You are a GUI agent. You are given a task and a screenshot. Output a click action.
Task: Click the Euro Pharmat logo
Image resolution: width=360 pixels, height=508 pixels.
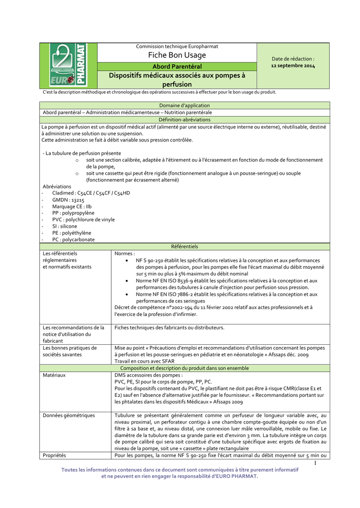(x=68, y=65)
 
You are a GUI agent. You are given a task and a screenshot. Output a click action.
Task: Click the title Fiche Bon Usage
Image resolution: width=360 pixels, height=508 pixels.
(x=177, y=55)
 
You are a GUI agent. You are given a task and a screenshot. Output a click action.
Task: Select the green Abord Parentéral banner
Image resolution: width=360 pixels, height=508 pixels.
(x=177, y=66)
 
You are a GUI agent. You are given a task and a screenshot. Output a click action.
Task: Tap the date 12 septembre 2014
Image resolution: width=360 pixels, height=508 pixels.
(x=293, y=65)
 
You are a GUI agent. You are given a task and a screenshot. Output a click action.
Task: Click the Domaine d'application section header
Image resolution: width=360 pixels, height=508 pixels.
(x=184, y=106)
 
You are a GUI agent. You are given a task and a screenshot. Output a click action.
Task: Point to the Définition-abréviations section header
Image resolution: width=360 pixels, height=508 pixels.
(x=184, y=120)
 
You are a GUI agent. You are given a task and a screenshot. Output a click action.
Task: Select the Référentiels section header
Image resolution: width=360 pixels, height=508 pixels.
(x=184, y=246)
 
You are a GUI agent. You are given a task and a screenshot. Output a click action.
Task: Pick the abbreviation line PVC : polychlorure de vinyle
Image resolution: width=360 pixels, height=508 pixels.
(x=83, y=219)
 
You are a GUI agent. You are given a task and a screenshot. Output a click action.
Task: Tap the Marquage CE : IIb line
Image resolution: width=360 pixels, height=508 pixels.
(x=72, y=206)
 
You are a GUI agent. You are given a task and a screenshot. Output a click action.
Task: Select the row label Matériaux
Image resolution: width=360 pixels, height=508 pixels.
(x=55, y=375)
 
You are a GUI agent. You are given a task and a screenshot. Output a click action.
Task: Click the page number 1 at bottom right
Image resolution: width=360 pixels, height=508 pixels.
(x=315, y=463)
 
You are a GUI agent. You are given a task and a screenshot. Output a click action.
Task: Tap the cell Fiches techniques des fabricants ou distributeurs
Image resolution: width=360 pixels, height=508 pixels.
(x=169, y=327)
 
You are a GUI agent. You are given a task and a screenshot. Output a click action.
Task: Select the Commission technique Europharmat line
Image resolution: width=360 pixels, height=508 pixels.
(x=177, y=46)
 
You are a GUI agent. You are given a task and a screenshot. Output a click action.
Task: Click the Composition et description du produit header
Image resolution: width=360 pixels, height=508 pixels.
(x=184, y=368)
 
